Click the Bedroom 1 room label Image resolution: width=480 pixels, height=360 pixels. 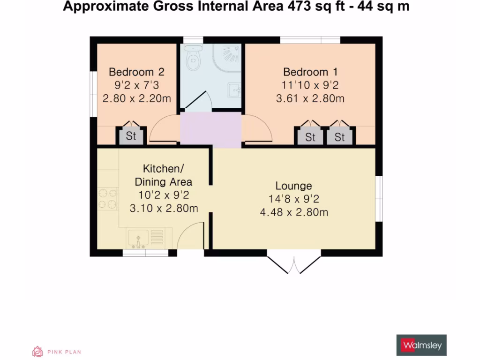tap(310, 72)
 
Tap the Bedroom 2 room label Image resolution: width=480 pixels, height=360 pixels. tap(136, 72)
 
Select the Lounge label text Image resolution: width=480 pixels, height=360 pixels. tap(293, 186)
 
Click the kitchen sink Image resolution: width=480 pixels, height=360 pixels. tap(139, 238)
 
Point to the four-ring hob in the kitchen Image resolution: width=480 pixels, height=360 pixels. tap(107, 198)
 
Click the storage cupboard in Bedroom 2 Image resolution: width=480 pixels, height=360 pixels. tap(131, 136)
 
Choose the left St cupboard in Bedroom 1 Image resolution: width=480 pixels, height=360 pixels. tap(310, 137)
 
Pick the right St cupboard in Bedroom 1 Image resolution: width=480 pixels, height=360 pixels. tap(339, 137)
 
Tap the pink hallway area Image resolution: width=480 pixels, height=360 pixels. tap(210, 129)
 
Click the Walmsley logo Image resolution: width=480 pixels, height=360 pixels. tap(421, 345)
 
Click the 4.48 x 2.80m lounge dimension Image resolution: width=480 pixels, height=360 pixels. tap(293, 212)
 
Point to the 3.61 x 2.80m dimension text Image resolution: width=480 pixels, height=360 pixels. tap(310, 98)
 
